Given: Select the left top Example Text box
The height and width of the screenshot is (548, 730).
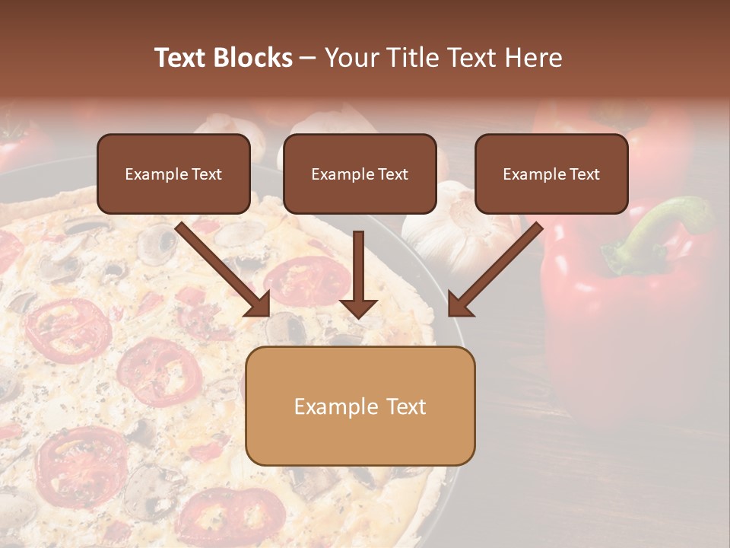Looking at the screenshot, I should tap(173, 174).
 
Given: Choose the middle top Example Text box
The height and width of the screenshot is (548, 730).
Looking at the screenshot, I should tap(360, 174).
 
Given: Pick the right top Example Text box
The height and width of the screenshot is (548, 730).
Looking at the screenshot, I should tap(551, 174).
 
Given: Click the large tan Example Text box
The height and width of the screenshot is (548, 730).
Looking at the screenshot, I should tap(360, 406).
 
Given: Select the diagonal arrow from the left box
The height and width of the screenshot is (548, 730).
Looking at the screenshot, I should tap(221, 266).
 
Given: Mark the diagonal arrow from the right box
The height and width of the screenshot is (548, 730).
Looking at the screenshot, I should tap(498, 266).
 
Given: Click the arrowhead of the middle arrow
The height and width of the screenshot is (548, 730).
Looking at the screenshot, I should tap(358, 307).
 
